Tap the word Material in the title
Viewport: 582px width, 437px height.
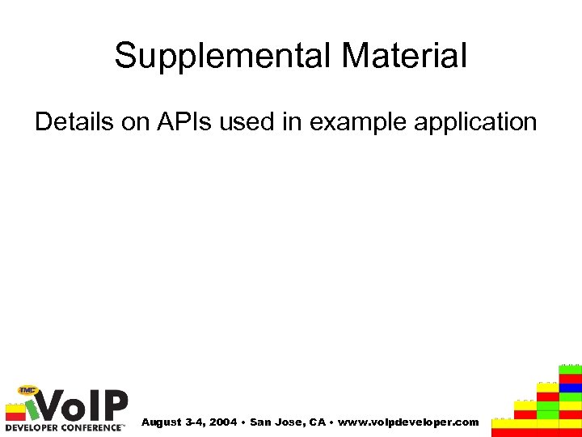click(x=403, y=57)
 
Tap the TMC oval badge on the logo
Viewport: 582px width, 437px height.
click(x=29, y=390)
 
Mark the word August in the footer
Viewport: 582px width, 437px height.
click(x=162, y=422)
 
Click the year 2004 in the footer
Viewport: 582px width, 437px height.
click(x=223, y=422)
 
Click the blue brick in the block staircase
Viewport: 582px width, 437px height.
click(x=571, y=388)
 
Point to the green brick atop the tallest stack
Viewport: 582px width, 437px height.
click(x=571, y=369)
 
